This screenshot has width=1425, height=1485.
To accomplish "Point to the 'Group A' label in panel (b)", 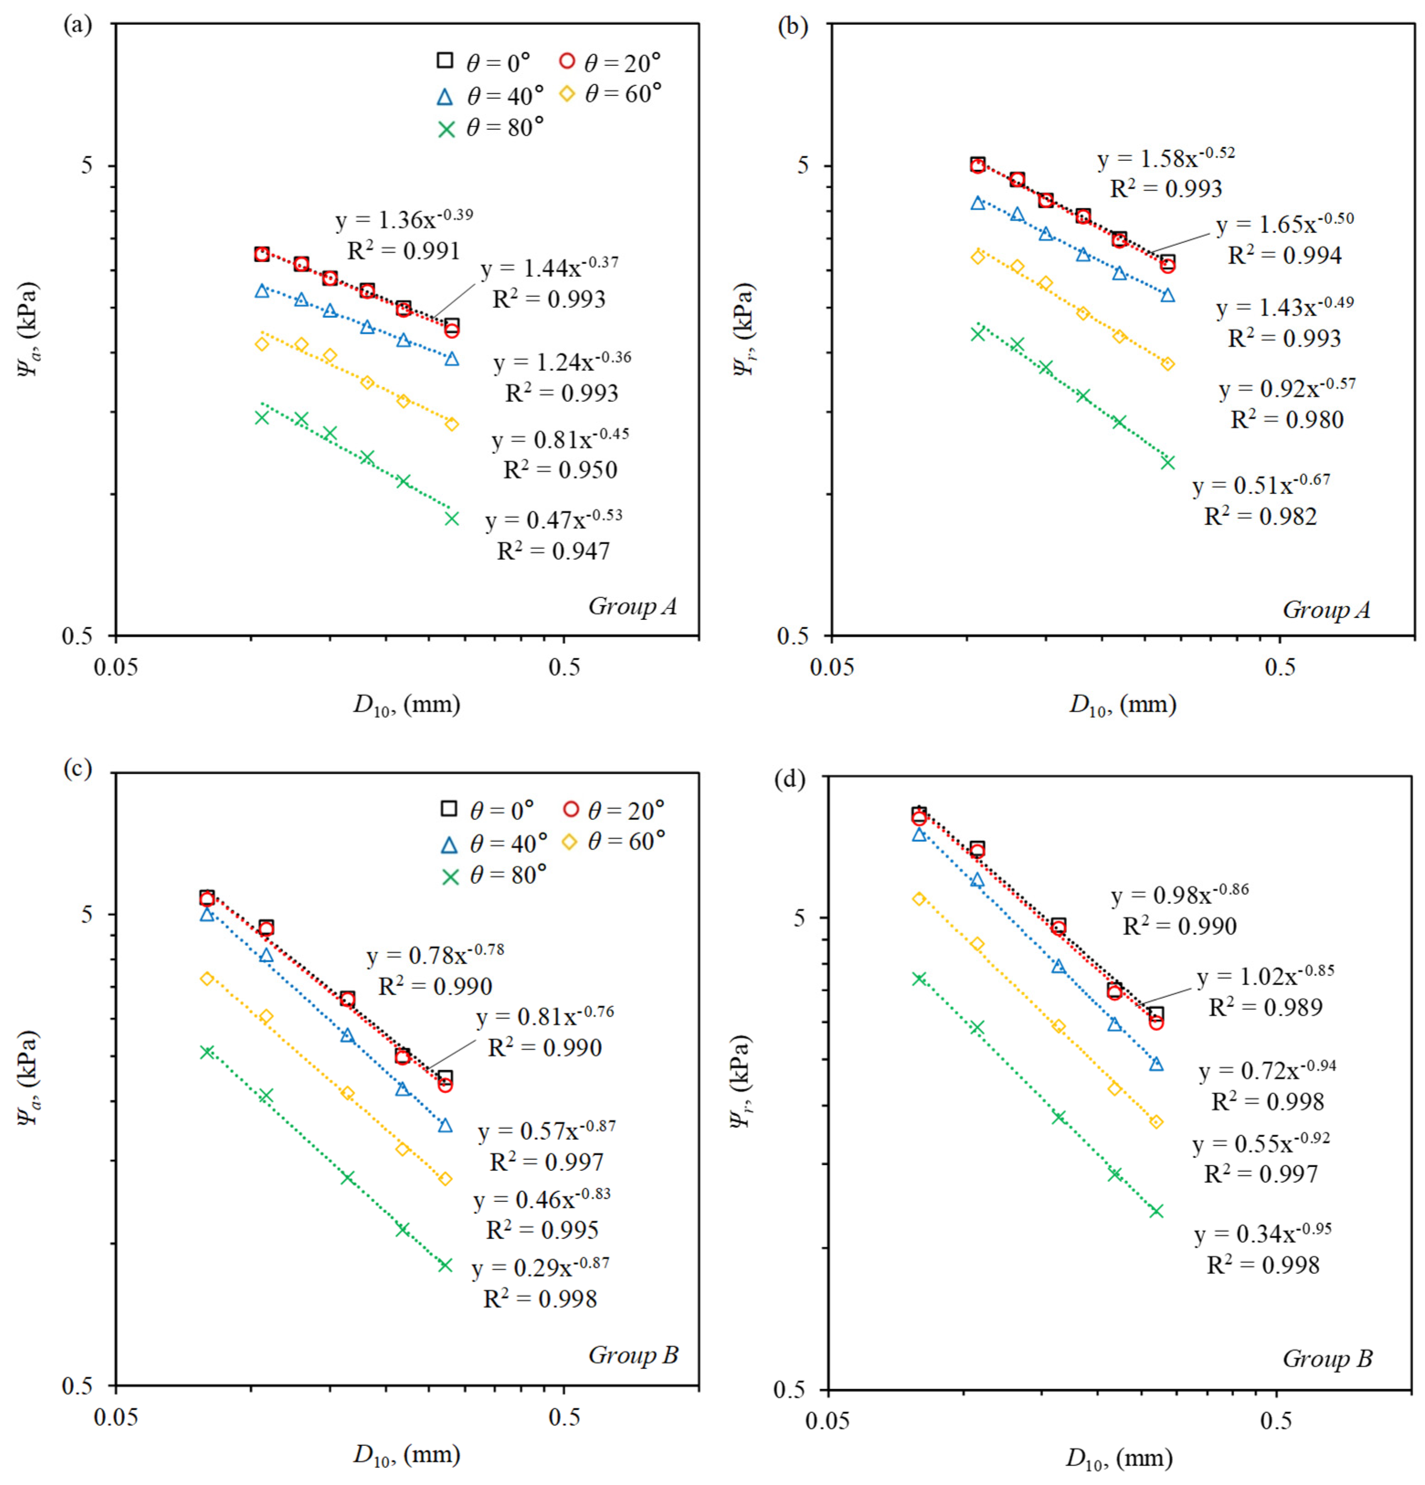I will (1326, 610).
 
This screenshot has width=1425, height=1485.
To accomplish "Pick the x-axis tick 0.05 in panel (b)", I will (832, 667).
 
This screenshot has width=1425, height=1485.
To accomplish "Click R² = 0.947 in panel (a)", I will (553, 551).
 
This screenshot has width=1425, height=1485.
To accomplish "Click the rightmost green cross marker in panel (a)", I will (452, 518).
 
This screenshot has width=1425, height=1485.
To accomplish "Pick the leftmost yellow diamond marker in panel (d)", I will (919, 898).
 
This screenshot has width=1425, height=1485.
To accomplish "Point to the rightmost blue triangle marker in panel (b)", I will (1167, 295).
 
